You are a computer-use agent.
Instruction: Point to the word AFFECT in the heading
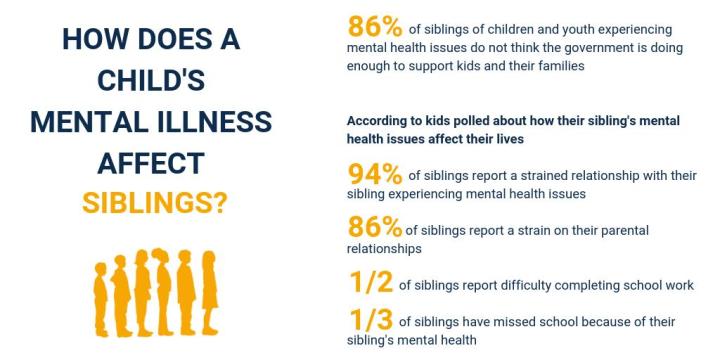[x=151, y=163]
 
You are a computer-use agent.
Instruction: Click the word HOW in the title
[x=96, y=39]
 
